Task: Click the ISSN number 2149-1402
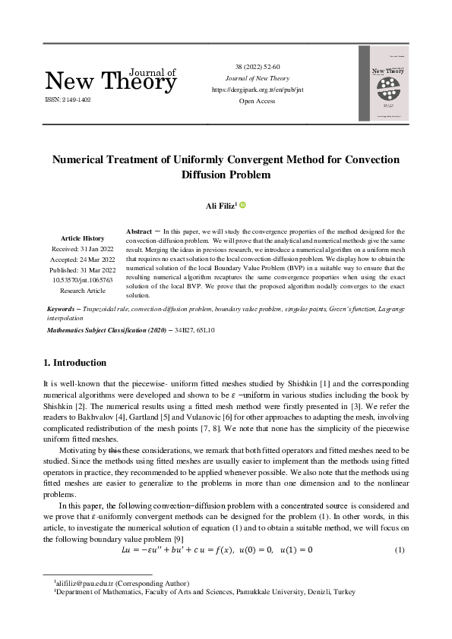coord(68,99)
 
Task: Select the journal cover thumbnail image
coord(383,83)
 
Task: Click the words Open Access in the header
coord(256,100)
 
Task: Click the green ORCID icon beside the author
coord(243,205)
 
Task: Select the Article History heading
coord(83,238)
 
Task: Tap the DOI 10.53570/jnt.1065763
coord(83,279)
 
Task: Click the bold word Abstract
coord(139,230)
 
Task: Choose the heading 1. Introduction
coord(76,363)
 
